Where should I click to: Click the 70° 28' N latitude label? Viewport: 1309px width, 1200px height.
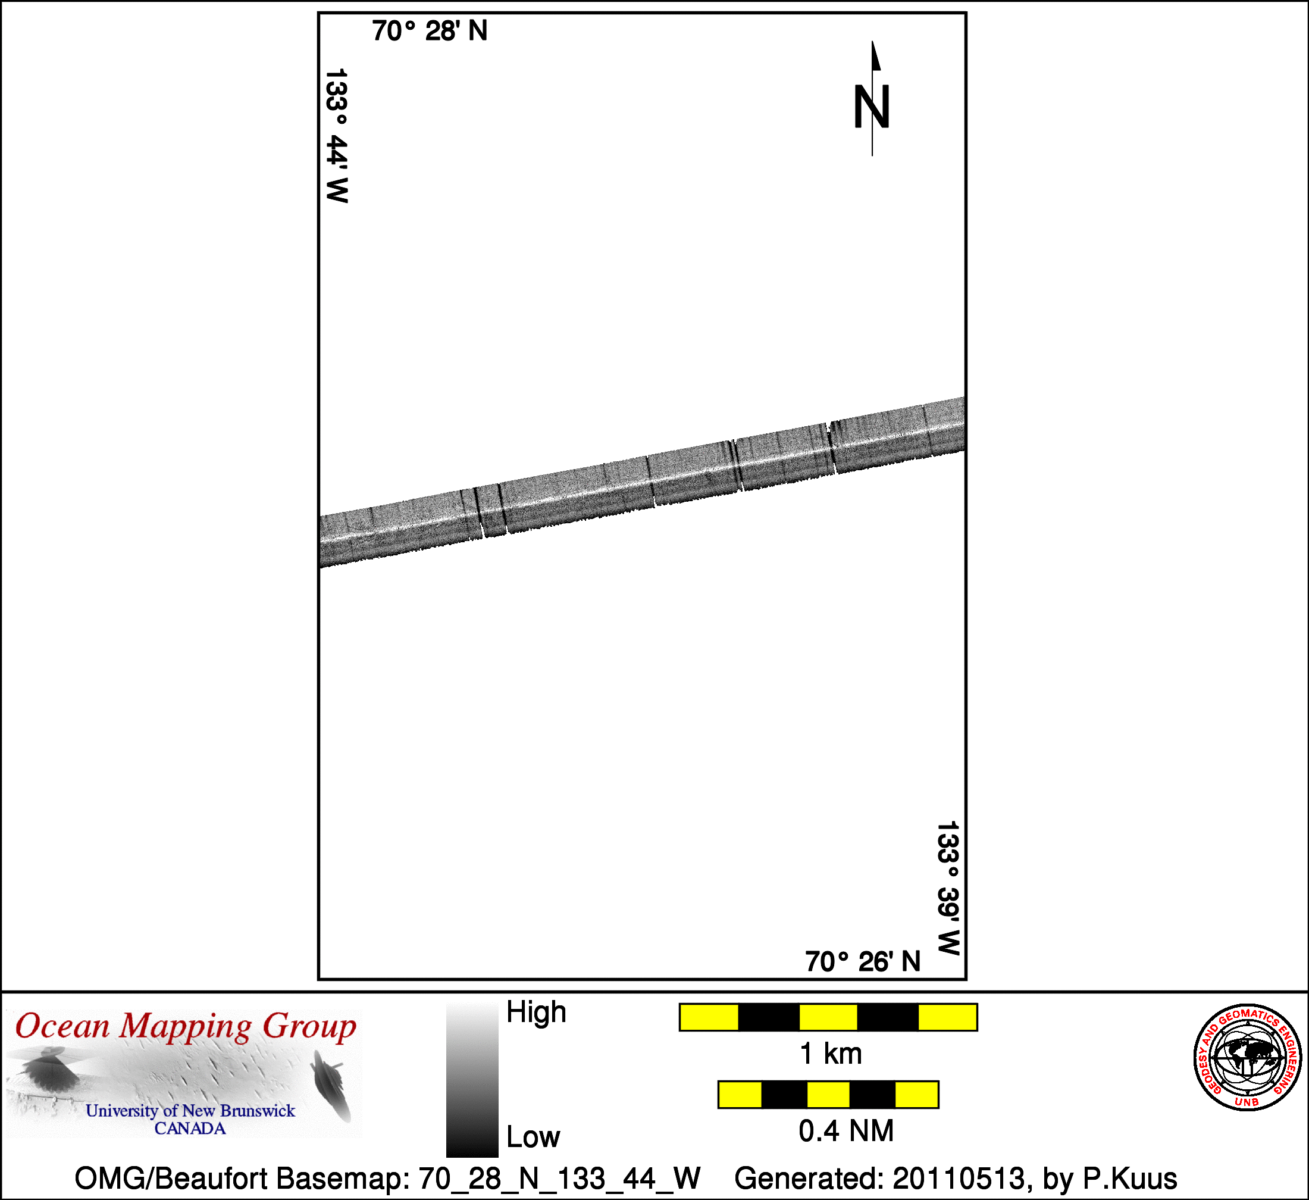430,30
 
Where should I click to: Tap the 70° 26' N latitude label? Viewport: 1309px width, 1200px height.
863,961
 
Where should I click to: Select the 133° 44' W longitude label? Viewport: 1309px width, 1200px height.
336,136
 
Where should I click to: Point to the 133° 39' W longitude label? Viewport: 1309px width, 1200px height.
948,888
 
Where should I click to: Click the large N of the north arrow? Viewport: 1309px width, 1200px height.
871,107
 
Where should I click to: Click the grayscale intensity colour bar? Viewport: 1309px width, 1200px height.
472,1080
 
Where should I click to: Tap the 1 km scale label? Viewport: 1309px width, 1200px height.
831,1054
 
